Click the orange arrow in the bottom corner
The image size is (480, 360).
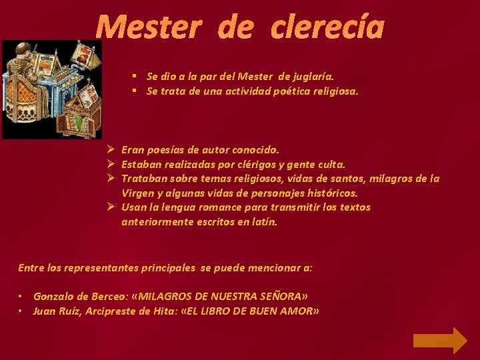pos(440,339)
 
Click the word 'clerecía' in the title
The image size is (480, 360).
pos(328,27)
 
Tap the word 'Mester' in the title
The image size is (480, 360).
pos(148,27)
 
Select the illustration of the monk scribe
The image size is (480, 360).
pos(51,89)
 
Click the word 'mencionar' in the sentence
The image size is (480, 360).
pos(276,268)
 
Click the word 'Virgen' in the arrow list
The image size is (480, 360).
pos(137,193)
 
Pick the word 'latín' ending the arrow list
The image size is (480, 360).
pos(263,221)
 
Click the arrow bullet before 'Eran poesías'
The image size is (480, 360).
pos(111,149)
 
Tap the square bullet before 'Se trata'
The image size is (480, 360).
pos(135,91)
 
